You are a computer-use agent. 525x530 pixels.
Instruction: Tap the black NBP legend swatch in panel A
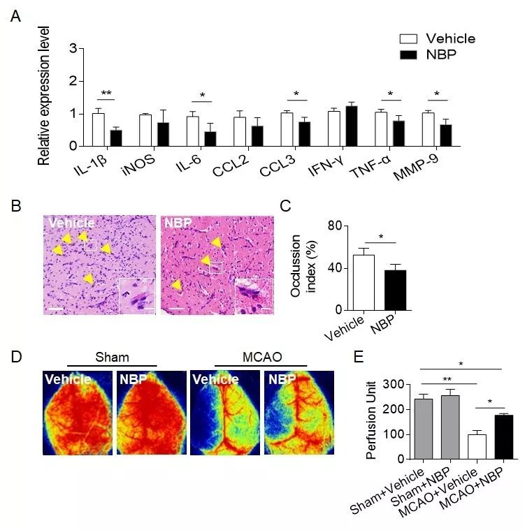[406, 54]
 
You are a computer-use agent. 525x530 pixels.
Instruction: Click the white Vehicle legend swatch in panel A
[406, 38]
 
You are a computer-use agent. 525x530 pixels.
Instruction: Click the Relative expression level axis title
[44, 96]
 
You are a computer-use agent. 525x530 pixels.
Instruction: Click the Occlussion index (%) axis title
[305, 268]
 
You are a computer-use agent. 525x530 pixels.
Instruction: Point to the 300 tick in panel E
[397, 385]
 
